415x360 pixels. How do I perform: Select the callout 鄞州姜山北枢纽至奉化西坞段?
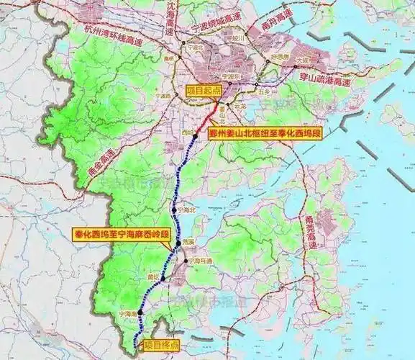click(x=264, y=133)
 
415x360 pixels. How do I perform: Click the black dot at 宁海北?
click(x=175, y=210)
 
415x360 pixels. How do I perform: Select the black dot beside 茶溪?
click(x=178, y=245)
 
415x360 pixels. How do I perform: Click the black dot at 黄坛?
click(x=163, y=278)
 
